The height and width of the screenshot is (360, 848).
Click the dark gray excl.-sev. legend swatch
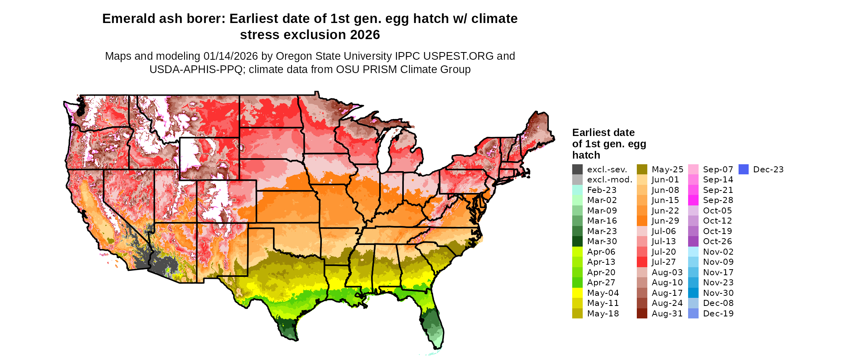pos(577,170)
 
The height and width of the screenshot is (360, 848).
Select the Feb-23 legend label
pos(602,190)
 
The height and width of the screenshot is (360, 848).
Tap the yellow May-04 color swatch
pos(577,293)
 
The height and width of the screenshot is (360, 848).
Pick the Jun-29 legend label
pos(665,221)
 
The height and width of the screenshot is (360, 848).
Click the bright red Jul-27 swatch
pos(642,262)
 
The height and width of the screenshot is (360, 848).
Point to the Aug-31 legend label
pos(667,314)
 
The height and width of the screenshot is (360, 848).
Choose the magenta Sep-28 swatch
pos(693,200)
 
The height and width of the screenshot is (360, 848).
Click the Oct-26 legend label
pos(717,241)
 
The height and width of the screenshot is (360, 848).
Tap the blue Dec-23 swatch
pos(743,170)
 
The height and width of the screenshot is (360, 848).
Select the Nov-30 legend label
pos(718,293)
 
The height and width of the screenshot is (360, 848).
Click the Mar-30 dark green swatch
pos(577,241)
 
